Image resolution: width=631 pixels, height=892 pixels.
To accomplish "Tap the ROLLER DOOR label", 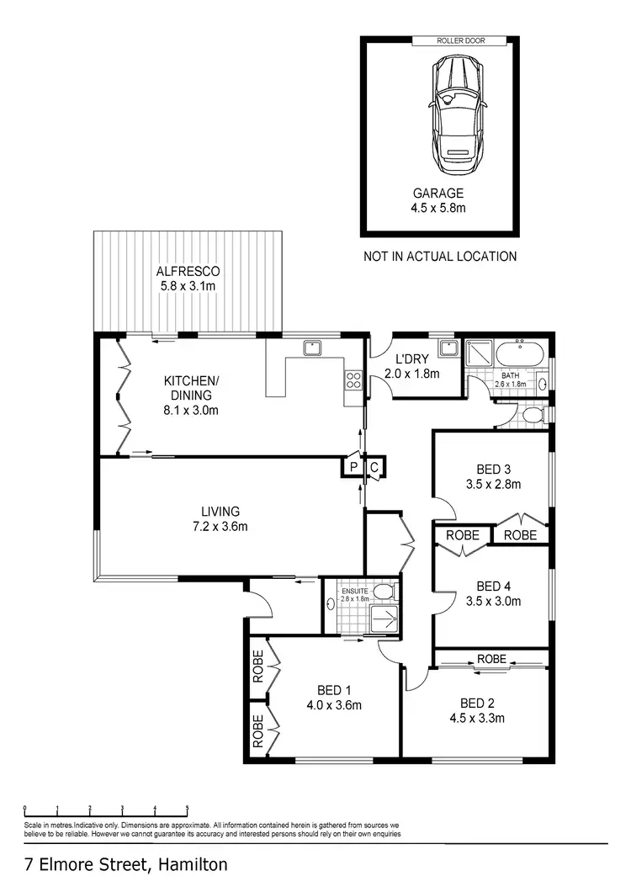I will tap(459, 40).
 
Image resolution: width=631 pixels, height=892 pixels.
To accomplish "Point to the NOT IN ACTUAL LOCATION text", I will tap(439, 256).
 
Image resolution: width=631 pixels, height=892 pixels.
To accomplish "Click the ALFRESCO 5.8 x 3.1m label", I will tap(188, 279).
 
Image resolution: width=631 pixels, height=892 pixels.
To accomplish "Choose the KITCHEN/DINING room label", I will tap(190, 395).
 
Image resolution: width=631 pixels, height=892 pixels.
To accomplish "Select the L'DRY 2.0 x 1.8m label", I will tap(411, 367).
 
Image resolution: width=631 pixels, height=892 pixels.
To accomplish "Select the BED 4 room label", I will tap(493, 593).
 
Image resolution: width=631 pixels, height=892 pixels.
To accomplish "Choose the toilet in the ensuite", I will tap(385, 591).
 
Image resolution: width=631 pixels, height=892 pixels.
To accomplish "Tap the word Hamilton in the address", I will tap(190, 864).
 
